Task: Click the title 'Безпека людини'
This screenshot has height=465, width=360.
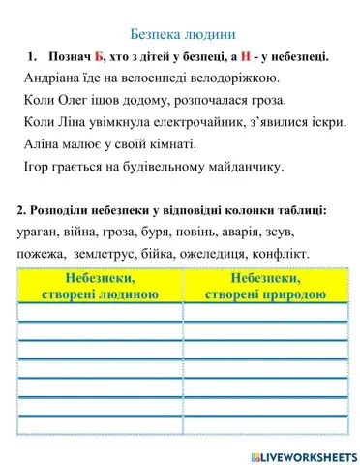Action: tap(182, 34)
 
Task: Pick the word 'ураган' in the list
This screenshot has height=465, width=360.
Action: tap(40, 232)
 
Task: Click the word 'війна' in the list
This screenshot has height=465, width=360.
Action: tap(88, 232)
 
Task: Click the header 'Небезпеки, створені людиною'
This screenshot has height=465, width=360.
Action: tap(101, 287)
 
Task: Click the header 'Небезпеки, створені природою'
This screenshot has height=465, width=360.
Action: tap(265, 287)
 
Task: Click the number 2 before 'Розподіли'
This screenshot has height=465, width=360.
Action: tap(21, 210)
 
